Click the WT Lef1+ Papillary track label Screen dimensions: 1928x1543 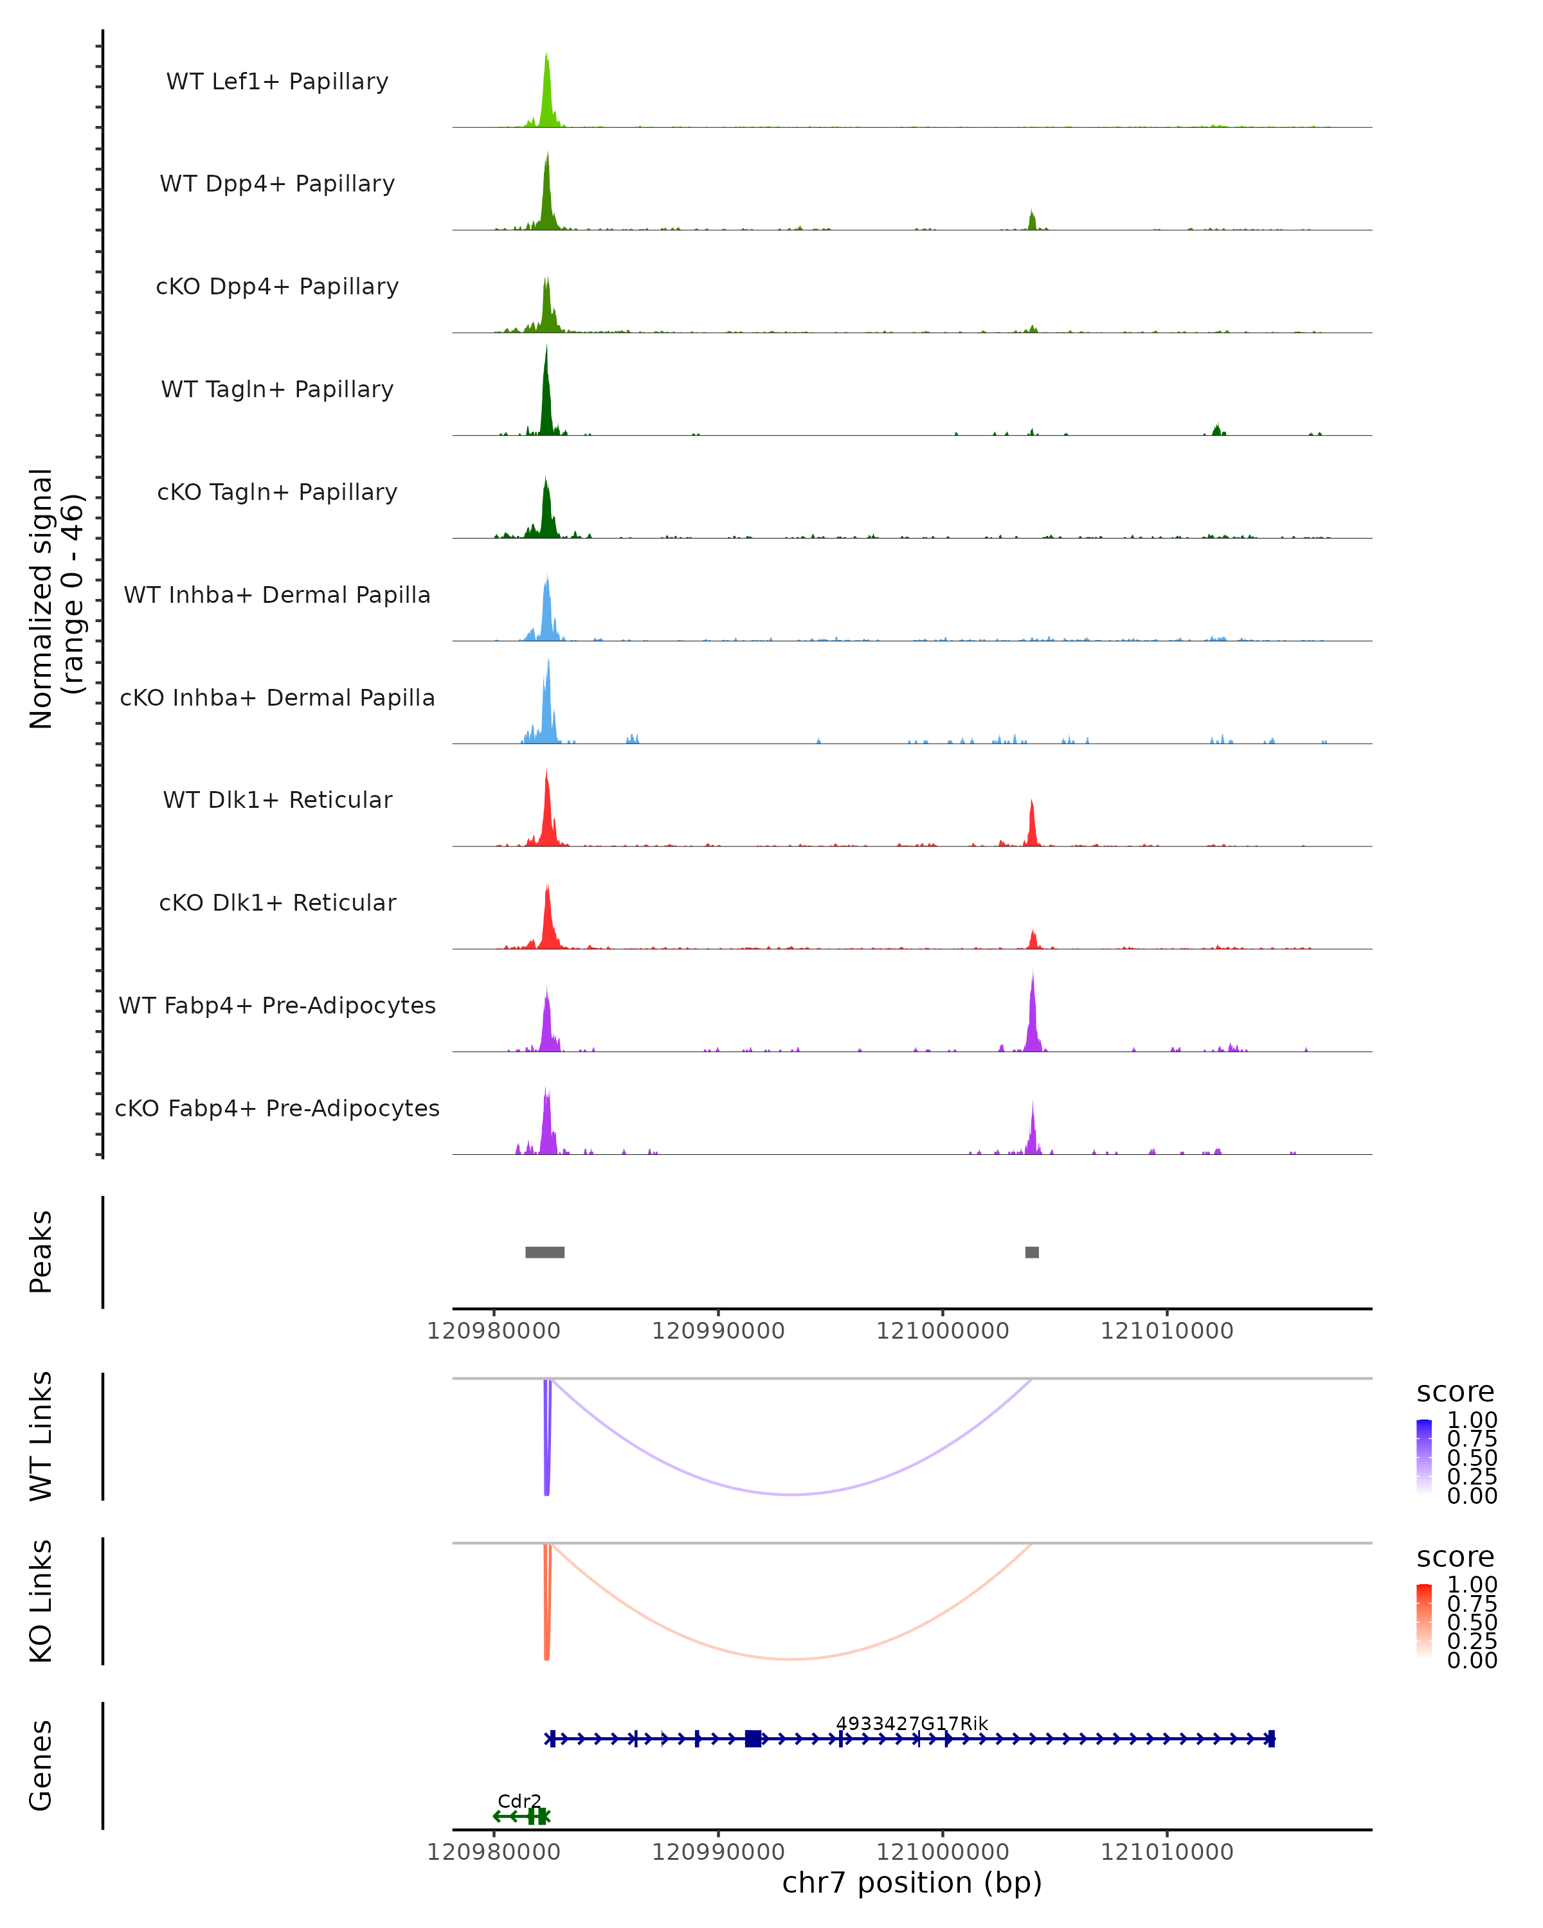[x=277, y=82]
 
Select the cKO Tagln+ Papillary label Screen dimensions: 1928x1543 [x=277, y=492]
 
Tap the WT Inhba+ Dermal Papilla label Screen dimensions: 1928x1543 [x=277, y=594]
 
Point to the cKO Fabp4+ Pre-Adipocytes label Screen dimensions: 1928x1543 [x=277, y=1108]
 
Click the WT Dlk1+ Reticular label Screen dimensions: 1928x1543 [x=277, y=799]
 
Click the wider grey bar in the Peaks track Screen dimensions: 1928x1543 [x=545, y=1252]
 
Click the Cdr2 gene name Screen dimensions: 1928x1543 [x=519, y=1801]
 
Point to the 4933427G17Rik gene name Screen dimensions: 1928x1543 [x=912, y=1723]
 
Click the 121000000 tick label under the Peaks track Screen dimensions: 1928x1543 [x=943, y=1331]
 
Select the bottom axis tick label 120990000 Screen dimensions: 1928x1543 [x=717, y=1851]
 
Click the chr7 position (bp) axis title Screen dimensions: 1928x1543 [x=912, y=1882]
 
